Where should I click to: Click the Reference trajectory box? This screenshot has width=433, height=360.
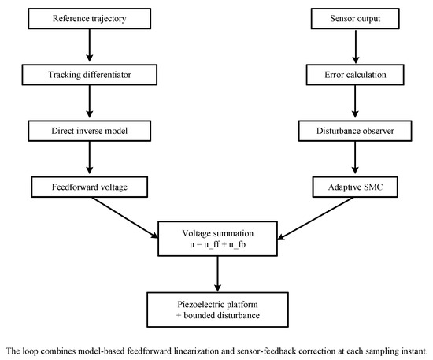pyautogui.click(x=90, y=18)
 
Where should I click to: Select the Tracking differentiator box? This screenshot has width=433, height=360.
pyautogui.click(x=90, y=75)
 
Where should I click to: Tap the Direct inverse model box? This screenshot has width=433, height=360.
pyautogui.click(x=90, y=131)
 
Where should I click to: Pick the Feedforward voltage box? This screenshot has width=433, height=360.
pyautogui.click(x=90, y=187)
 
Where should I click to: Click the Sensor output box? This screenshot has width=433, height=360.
pyautogui.click(x=355, y=18)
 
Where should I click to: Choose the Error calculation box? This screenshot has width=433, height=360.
pyautogui.click(x=355, y=75)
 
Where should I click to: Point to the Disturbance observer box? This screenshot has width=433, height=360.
pyautogui.click(x=355, y=131)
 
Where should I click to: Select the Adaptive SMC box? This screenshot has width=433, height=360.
pyautogui.click(x=355, y=187)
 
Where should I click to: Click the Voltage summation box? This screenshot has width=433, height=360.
pyautogui.click(x=217, y=239)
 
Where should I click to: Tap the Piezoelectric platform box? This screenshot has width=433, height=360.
pyautogui.click(x=217, y=310)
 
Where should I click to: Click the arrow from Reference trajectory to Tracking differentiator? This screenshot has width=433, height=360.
pyautogui.click(x=90, y=46)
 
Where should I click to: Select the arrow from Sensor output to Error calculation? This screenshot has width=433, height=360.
pyautogui.click(x=356, y=46)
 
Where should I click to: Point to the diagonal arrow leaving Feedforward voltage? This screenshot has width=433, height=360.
pyautogui.click(x=125, y=217)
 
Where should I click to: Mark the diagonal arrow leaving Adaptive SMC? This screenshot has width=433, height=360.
pyautogui.click(x=316, y=218)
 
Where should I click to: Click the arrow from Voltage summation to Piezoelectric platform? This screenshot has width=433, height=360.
pyautogui.click(x=217, y=274)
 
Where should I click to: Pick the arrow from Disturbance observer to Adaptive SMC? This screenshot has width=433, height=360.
pyautogui.click(x=355, y=158)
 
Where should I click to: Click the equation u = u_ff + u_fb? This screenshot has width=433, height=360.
pyautogui.click(x=217, y=244)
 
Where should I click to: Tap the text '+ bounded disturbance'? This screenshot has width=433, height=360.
pyautogui.click(x=218, y=315)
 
